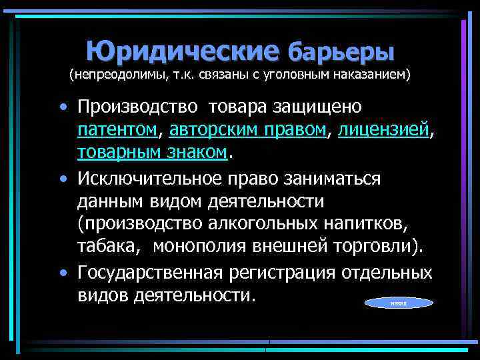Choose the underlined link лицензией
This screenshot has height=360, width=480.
tap(384, 130)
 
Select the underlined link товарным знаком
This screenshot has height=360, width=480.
tap(153, 153)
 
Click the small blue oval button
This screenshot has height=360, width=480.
tap(399, 303)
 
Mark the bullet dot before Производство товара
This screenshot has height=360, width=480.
tap(63, 108)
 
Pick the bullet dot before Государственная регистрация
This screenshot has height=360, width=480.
tap(63, 273)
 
